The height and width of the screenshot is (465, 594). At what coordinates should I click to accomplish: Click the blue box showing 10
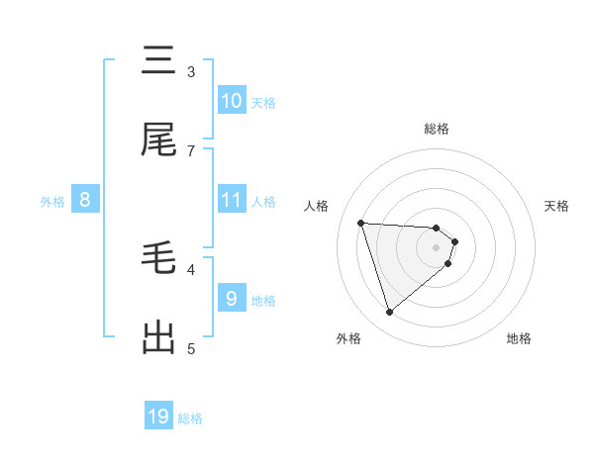click(x=231, y=101)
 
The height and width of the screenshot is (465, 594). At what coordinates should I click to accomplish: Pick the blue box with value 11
click(x=231, y=200)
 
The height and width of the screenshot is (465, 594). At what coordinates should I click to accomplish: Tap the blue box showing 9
click(x=231, y=298)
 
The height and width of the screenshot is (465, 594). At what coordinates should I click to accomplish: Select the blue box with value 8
click(x=85, y=200)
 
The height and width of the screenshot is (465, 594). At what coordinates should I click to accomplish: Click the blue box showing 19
click(x=158, y=417)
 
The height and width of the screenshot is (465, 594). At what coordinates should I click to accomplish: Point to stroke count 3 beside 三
click(x=191, y=71)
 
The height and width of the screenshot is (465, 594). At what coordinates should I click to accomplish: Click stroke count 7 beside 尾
click(x=191, y=150)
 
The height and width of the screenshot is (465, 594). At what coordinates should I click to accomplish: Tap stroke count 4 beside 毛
click(x=191, y=268)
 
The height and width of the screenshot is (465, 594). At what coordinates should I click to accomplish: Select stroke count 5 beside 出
click(x=191, y=347)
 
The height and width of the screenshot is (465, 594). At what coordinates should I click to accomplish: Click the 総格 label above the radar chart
click(x=437, y=129)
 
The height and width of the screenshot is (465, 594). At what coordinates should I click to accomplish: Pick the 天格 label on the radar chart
click(x=557, y=206)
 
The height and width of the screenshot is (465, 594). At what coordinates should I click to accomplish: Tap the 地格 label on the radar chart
click(x=519, y=338)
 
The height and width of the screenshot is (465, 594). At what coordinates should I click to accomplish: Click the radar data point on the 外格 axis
click(x=389, y=313)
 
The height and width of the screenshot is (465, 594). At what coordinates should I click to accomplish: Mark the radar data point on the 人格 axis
click(x=360, y=223)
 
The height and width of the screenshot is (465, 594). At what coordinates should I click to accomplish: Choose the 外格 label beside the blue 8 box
click(x=52, y=201)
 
